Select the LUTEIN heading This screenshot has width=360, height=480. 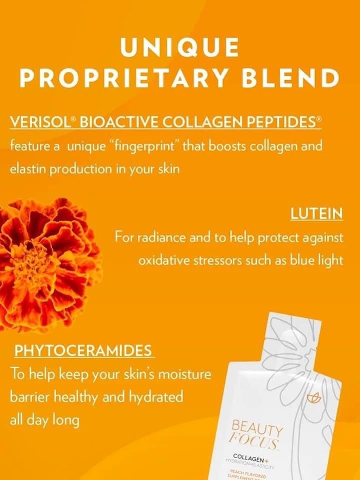click(316, 214)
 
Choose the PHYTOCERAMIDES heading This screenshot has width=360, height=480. click(83, 350)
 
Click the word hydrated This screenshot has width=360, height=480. click(156, 397)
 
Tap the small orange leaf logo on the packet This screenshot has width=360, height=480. click(313, 398)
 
